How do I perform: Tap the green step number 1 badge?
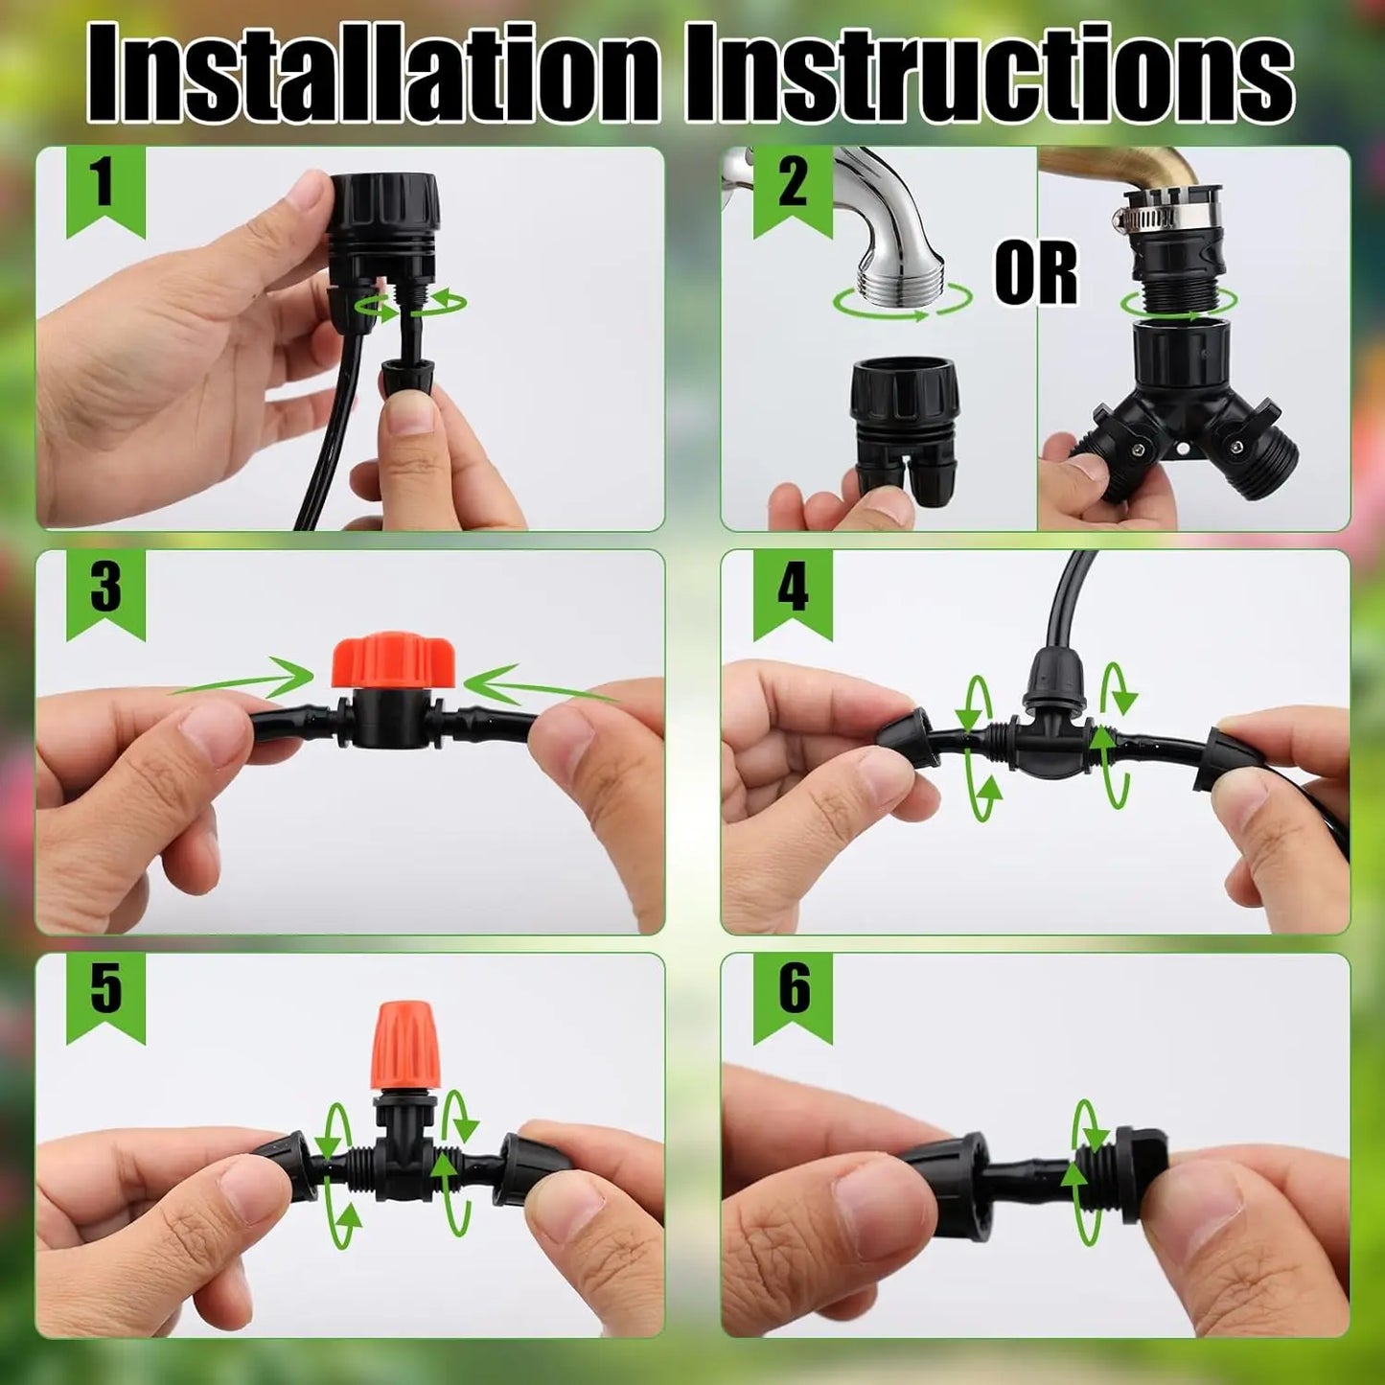click(104, 186)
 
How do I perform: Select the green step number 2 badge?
click(792, 186)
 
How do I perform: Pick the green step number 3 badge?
click(104, 589)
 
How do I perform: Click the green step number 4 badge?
click(792, 589)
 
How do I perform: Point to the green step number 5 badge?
click(104, 991)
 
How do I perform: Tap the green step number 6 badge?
click(792, 991)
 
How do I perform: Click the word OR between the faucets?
click(1035, 274)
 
